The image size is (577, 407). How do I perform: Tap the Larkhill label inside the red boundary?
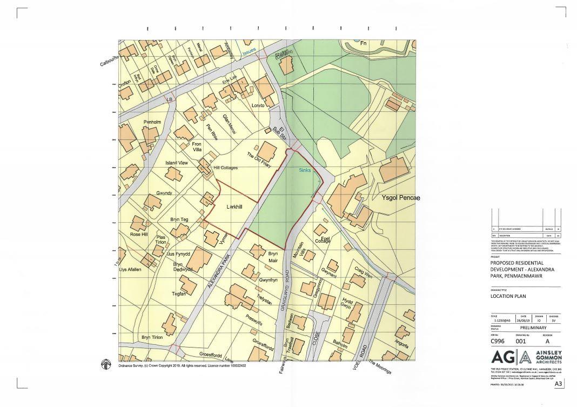pos(234,206)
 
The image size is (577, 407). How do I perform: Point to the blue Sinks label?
pos(306,170)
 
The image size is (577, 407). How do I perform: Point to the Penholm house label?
pos(152,122)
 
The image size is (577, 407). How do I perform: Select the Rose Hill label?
pos(138,234)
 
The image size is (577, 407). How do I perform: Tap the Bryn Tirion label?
pos(152,337)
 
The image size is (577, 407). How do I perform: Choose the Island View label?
pos(177,163)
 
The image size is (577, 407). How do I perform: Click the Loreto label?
pos(258,105)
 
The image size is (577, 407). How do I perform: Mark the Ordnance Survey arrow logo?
pos(106,365)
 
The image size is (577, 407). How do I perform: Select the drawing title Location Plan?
pos(507,296)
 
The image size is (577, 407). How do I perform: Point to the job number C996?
pos(498,341)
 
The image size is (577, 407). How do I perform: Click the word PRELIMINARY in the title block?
pos(533,328)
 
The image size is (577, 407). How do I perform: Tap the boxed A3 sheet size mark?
pos(559,384)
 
